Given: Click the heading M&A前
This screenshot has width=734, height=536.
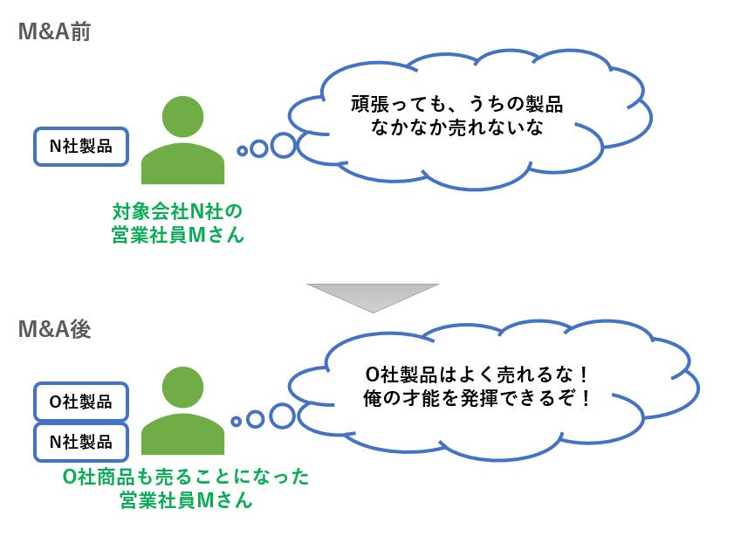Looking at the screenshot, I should pos(55,33).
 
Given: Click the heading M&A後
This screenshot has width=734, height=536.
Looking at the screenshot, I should pos(55,330).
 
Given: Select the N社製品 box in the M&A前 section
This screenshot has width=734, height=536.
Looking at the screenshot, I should pos(80,146).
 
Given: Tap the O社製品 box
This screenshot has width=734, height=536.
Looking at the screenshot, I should pos(80,402).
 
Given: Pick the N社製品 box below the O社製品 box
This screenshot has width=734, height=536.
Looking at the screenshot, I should pos(80,442).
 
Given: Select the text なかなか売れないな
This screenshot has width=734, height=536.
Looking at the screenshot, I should pos(445,128).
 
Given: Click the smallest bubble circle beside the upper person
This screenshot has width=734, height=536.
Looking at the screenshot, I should pos(242,151).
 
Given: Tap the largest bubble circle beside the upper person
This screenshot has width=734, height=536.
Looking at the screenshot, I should pos(283,144).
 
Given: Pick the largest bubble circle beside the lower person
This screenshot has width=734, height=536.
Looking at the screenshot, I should pos(282,416).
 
